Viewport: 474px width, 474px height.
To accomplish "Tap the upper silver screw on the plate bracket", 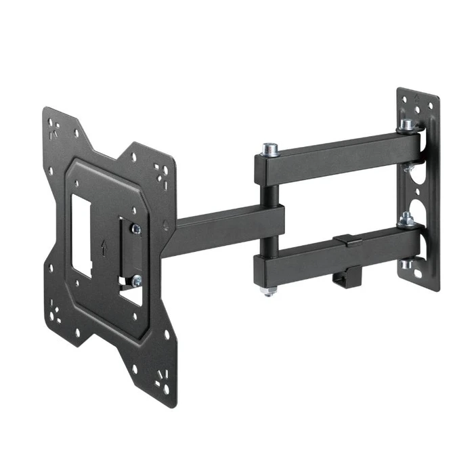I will [136, 230].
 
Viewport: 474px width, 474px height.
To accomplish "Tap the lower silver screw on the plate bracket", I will [136, 280].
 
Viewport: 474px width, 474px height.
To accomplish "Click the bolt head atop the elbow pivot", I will [270, 148].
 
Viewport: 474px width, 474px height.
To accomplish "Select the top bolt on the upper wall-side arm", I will [408, 126].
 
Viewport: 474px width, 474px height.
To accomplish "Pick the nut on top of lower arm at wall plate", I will [406, 219].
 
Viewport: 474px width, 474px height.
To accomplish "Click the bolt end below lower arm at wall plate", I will [408, 265].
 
